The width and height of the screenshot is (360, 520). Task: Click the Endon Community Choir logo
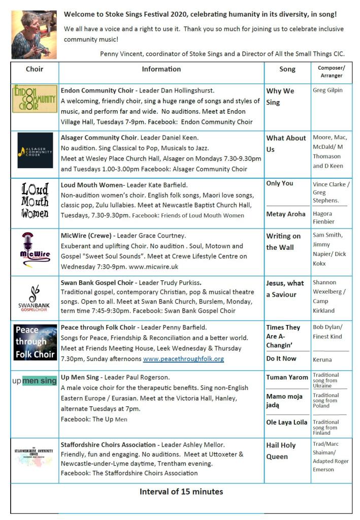35,99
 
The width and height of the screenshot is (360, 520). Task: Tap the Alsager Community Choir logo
35,150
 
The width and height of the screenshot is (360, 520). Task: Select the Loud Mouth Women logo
35,201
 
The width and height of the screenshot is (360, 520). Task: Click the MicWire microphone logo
35,249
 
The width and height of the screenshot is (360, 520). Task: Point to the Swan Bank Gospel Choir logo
35,298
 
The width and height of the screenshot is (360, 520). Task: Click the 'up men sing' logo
35,381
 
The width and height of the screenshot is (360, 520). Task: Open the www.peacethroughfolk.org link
183,359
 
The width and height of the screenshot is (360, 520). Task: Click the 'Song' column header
287,69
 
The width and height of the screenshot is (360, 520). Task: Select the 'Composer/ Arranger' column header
331,72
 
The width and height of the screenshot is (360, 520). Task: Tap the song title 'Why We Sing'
280,96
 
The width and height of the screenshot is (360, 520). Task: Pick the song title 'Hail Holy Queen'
281,451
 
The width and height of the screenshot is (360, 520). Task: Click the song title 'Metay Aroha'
286,214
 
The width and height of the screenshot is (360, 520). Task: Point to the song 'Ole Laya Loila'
287,422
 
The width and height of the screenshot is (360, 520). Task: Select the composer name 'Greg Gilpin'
328,90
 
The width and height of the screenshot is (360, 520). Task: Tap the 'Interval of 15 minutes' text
181,492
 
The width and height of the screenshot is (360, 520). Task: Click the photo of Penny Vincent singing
34,35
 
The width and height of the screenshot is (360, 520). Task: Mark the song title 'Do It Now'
281,359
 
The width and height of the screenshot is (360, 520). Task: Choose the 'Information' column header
161,69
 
